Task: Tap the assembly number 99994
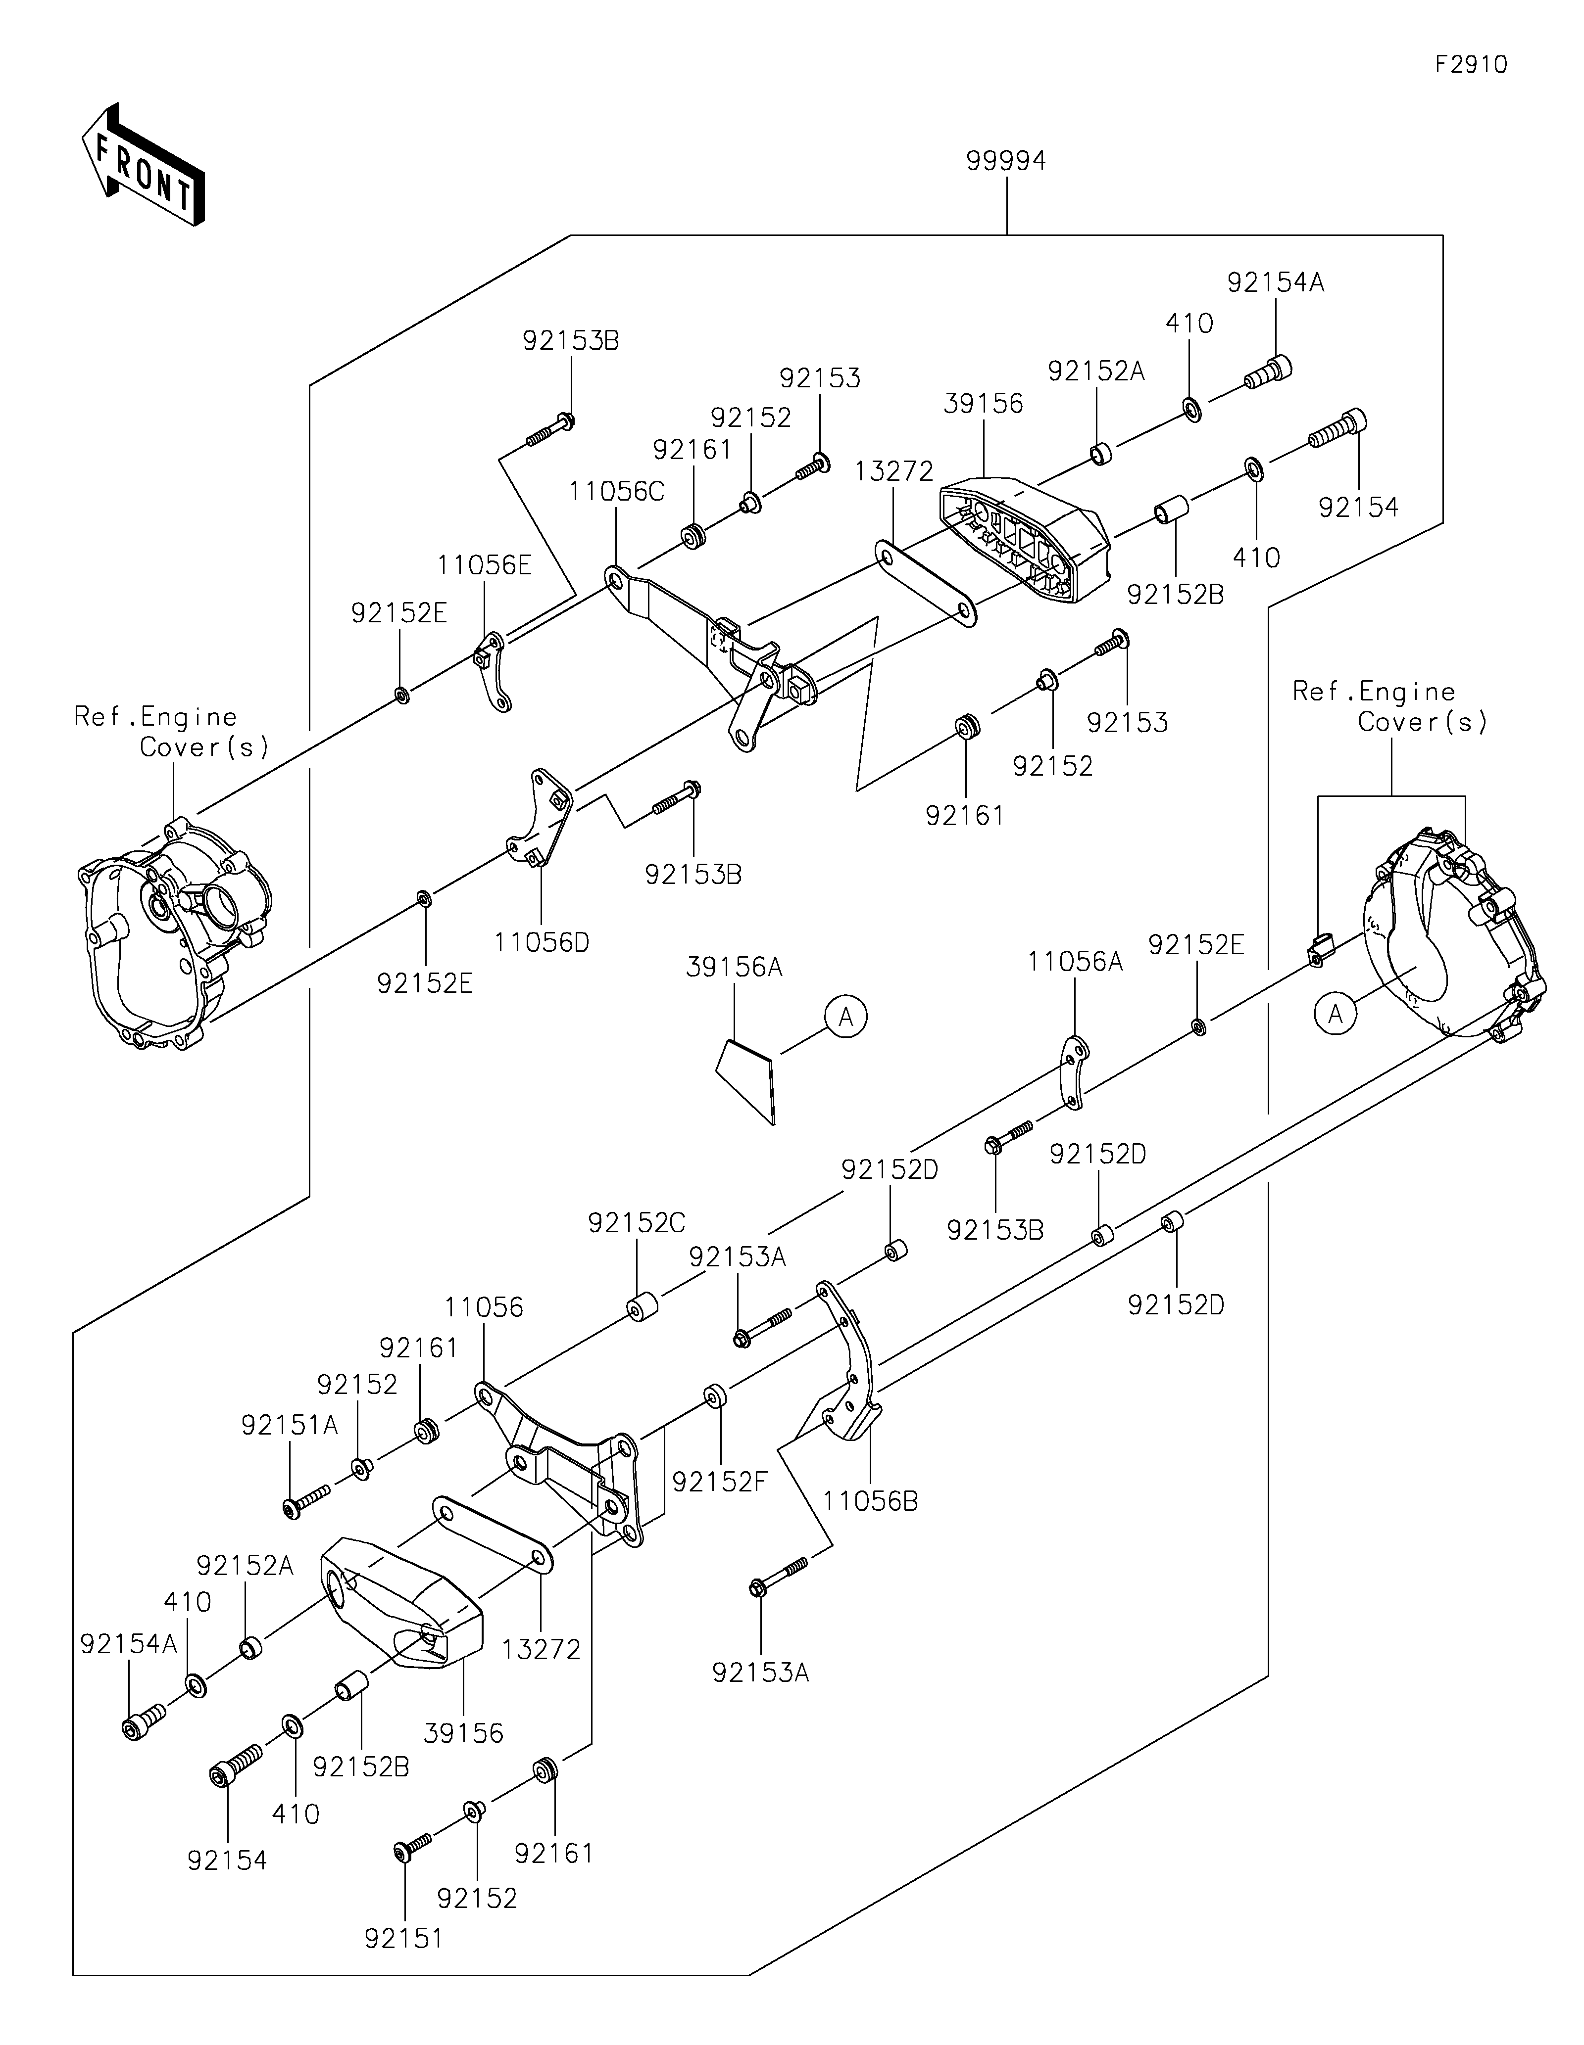pyautogui.click(x=1006, y=161)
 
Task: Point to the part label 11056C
pyautogui.click(x=616, y=492)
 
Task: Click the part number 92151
pyautogui.click(x=404, y=1938)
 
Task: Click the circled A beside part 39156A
pyautogui.click(x=846, y=1016)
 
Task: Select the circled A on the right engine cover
pyautogui.click(x=1336, y=1014)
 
